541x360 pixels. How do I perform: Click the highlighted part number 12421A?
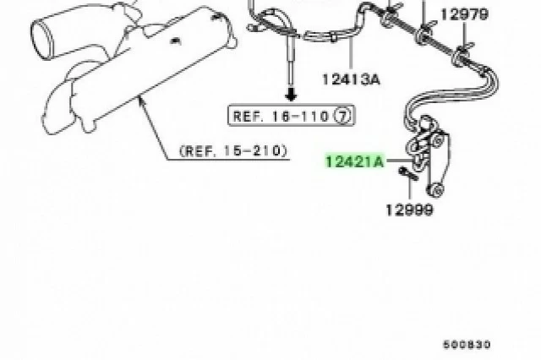pyautogui.click(x=355, y=161)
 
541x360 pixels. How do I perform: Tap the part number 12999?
pyautogui.click(x=409, y=210)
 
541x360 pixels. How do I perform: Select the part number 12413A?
pyautogui.click(x=351, y=79)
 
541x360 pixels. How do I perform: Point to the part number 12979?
pyautogui.click(x=464, y=14)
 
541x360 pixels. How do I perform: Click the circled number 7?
pyautogui.click(x=342, y=116)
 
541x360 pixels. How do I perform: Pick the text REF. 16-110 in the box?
pyautogui.click(x=281, y=116)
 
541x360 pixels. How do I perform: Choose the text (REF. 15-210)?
pyautogui.click(x=233, y=150)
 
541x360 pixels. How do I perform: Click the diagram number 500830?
pyautogui.click(x=467, y=345)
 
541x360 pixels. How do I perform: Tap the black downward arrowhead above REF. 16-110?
pyautogui.click(x=291, y=94)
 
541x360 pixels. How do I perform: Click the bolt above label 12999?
pyautogui.click(x=408, y=173)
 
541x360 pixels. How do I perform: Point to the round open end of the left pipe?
pyautogui.click(x=39, y=39)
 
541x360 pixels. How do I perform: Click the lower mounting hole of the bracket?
pyautogui.click(x=438, y=190)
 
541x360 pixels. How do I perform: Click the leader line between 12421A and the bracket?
pyautogui.click(x=400, y=161)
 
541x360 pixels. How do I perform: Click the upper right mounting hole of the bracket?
pyautogui.click(x=437, y=140)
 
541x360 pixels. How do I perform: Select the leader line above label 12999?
pyautogui.click(x=410, y=189)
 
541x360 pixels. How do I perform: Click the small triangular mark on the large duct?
pyautogui.click(x=176, y=41)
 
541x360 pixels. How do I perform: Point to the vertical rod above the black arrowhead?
pyautogui.click(x=291, y=63)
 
